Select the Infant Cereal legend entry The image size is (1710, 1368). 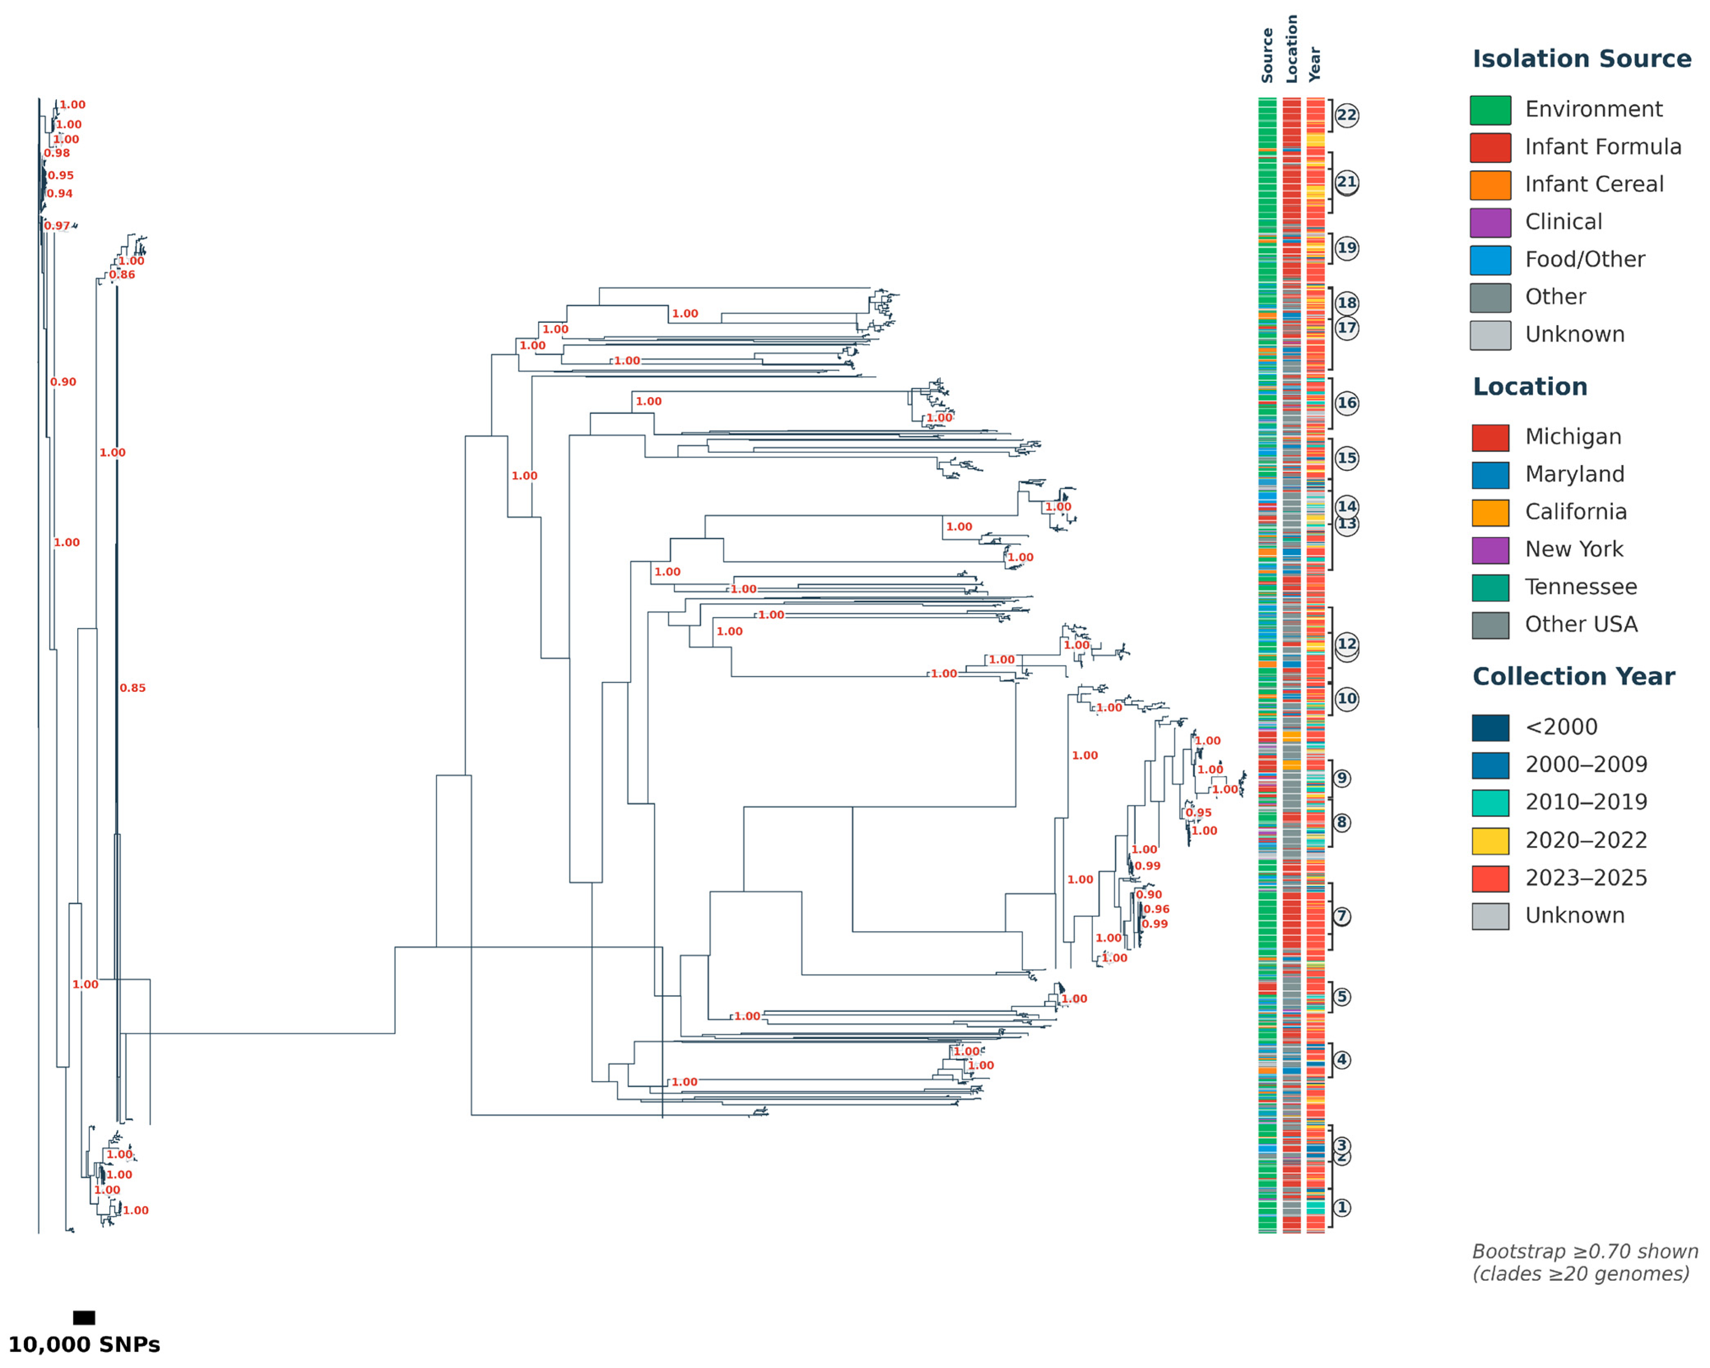[1594, 184]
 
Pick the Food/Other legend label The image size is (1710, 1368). [1584, 259]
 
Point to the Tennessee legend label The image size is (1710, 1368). [1580, 587]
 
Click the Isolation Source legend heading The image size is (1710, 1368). [1581, 59]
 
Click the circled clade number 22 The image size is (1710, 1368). [1346, 116]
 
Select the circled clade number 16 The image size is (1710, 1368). [1346, 403]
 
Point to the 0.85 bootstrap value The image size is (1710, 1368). [132, 688]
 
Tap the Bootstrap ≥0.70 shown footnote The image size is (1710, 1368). [1584, 1252]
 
